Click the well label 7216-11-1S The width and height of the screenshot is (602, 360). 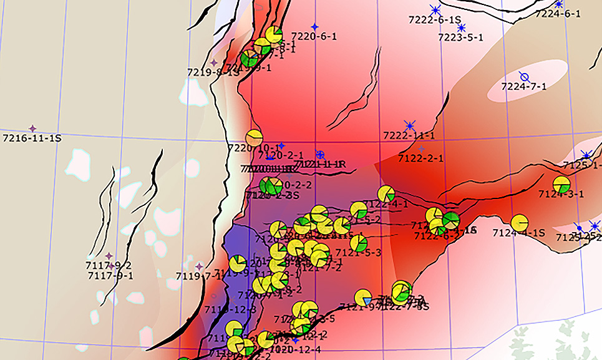click(x=32, y=138)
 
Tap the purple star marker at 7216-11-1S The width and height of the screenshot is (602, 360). click(x=32, y=129)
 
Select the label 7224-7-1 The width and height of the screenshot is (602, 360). click(x=524, y=87)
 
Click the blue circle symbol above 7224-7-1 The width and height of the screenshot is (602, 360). click(x=525, y=77)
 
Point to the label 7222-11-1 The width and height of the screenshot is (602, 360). click(x=409, y=135)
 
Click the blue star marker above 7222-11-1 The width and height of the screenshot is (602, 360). click(x=409, y=125)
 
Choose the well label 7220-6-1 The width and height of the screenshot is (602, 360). click(x=314, y=36)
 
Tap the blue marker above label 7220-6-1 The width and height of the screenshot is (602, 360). click(x=314, y=27)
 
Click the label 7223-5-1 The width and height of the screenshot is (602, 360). click(x=460, y=37)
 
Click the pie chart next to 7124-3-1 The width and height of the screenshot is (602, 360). click(x=561, y=185)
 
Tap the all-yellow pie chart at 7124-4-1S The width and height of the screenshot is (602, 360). click(x=519, y=223)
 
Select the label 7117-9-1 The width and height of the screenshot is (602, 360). click(x=110, y=275)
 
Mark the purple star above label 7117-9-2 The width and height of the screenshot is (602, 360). click(x=109, y=256)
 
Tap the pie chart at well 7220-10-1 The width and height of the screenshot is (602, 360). click(x=254, y=138)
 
